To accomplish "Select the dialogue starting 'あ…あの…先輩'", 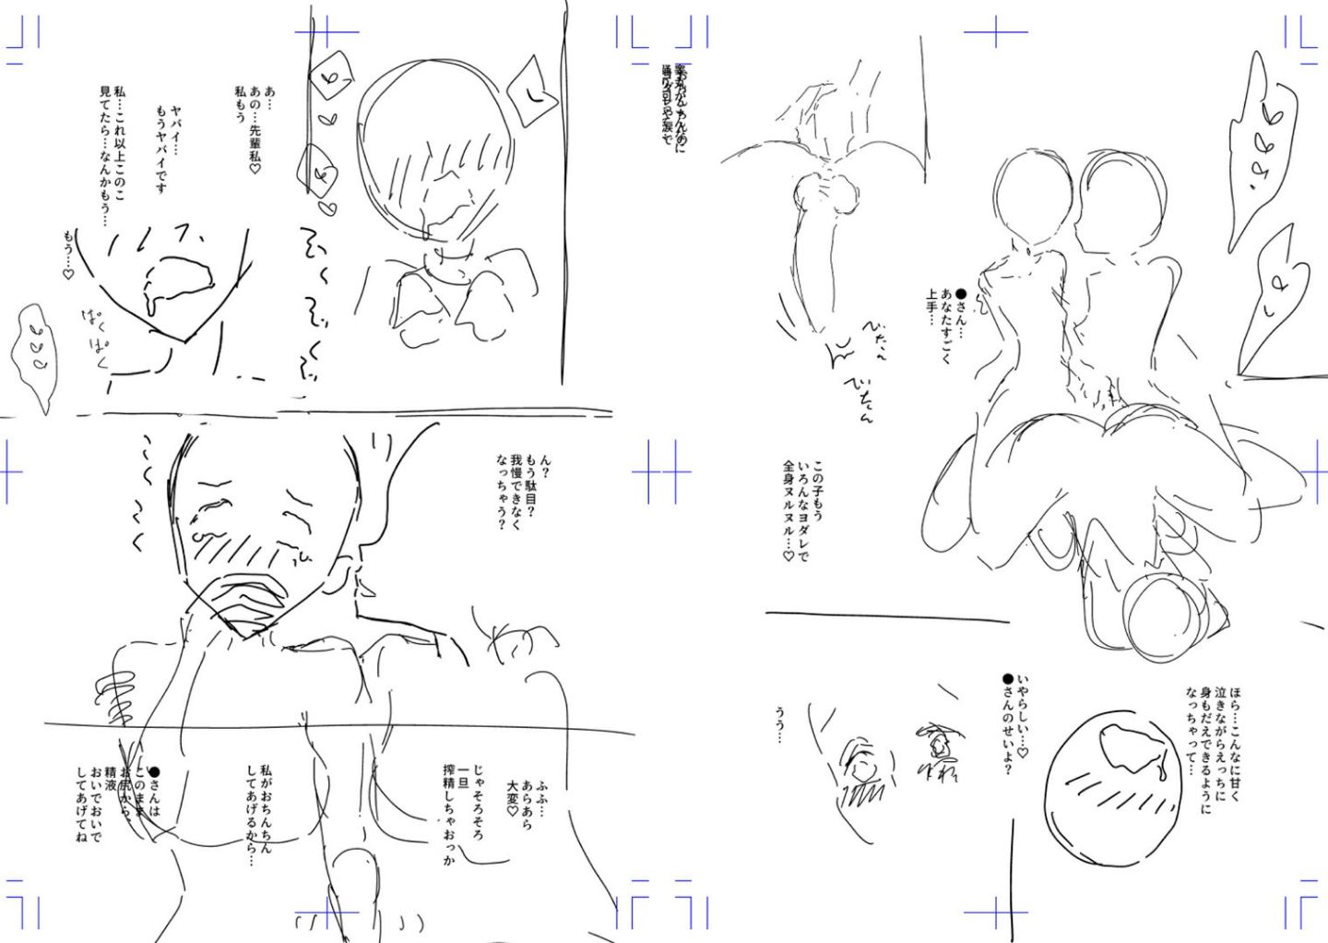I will [x=255, y=129].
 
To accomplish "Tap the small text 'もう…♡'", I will [x=67, y=255].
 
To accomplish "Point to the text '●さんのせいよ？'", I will [x=1007, y=724].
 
